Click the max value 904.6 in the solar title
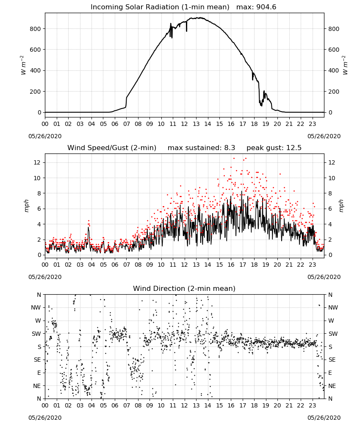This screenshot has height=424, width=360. click(266, 7)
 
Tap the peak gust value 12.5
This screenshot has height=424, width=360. click(293, 148)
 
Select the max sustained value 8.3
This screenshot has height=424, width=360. click(230, 148)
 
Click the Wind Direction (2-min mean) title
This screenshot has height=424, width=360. click(184, 288)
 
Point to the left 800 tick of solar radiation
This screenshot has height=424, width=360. click(36, 29)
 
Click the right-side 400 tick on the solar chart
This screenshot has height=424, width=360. click(334, 70)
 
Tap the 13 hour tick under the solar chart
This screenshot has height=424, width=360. click(196, 124)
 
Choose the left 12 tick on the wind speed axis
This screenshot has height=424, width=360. click(37, 162)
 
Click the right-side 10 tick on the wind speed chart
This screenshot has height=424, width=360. click(332, 178)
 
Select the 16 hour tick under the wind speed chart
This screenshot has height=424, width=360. click(231, 265)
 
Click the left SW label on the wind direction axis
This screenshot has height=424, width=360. click(36, 334)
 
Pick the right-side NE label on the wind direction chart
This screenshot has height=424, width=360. click(332, 386)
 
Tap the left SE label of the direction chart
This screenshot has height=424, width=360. click(37, 360)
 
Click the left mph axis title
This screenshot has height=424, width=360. click(26, 206)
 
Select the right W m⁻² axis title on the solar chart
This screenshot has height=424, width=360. click(345, 65)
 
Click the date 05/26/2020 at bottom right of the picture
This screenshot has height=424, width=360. click(324, 418)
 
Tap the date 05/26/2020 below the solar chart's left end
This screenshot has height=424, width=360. click(45, 136)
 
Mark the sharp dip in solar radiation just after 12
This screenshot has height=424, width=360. click(187, 27)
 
